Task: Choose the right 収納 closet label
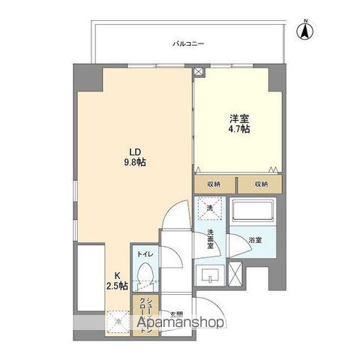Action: pyautogui.click(x=259, y=184)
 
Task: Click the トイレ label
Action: pyautogui.click(x=145, y=255)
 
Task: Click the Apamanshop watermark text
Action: pyautogui.click(x=179, y=323)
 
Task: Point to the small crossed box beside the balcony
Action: pyautogui.click(x=198, y=73)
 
